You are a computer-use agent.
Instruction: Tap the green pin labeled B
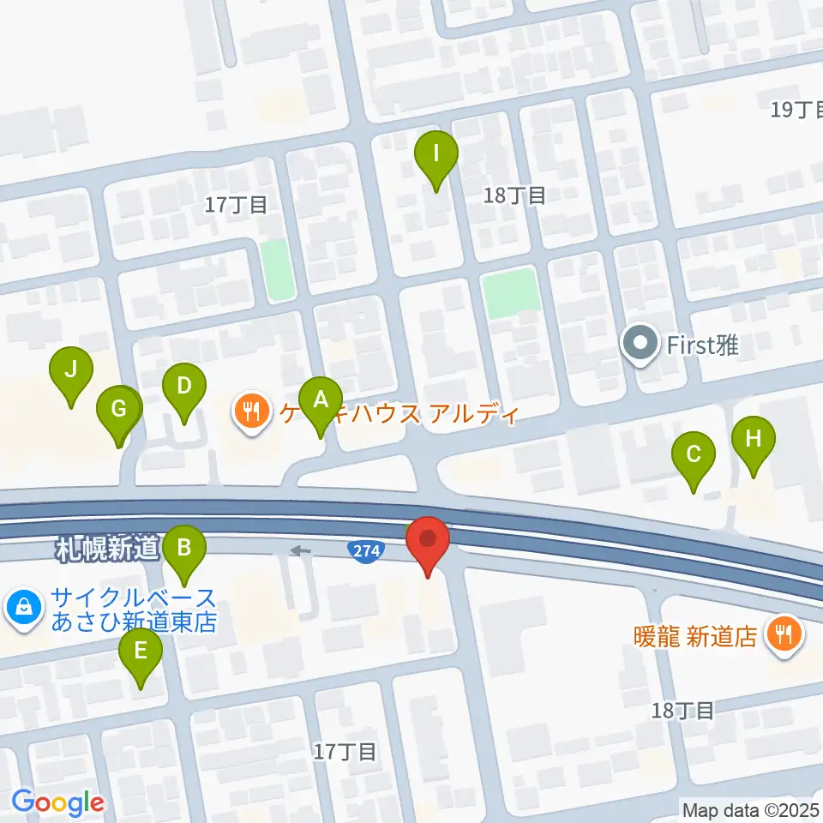tap(183, 547)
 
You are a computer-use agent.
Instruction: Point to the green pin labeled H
tap(753, 441)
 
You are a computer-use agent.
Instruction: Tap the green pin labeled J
tap(71, 372)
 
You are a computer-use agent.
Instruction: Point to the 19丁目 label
tap(796, 110)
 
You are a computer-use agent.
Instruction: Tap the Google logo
tap(58, 802)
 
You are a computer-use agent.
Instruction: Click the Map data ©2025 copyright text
tap(751, 809)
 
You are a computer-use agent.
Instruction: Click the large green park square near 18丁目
tap(511, 292)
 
